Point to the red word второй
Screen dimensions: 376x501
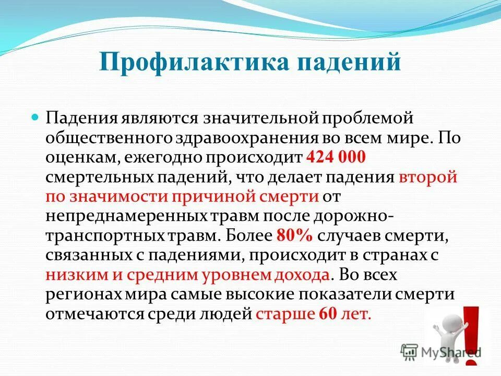pos(427,177)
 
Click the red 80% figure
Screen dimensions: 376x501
pos(293,235)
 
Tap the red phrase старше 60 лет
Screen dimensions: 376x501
pos(314,314)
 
